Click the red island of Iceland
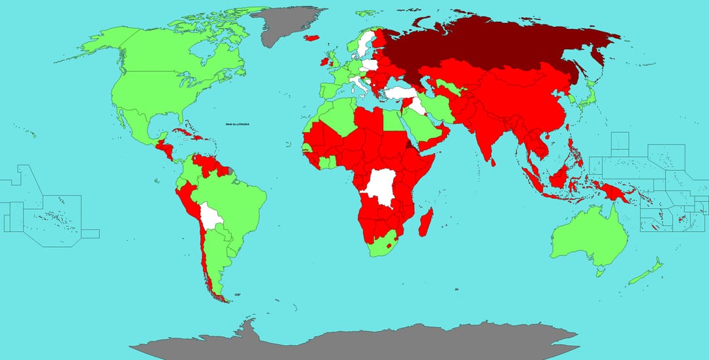pyautogui.click(x=312, y=37)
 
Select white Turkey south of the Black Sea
pyautogui.click(x=400, y=93)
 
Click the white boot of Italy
pyautogui.click(x=358, y=83)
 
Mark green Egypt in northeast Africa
pyautogui.click(x=392, y=120)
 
